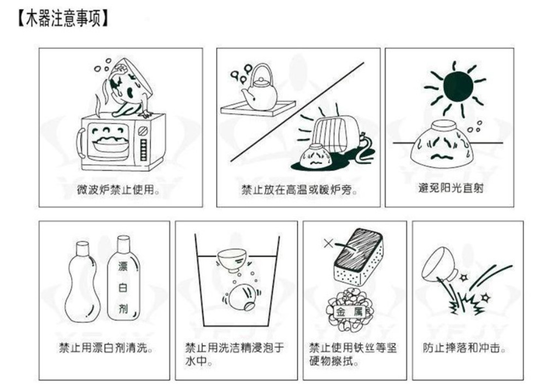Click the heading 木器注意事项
point(63,18)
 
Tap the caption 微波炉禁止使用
point(118,189)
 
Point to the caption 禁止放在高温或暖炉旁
point(299,190)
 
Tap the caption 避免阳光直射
point(451,188)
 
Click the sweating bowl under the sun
point(442,144)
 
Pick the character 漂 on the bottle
point(123,266)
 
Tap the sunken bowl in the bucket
point(241,298)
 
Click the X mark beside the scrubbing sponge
point(328,243)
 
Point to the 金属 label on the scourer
point(349,312)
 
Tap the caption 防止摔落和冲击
point(464,347)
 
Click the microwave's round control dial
point(143,130)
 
